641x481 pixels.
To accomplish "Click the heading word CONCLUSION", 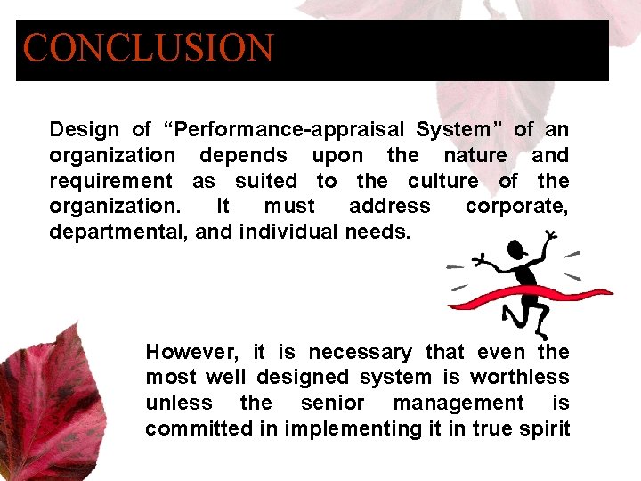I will [x=148, y=49].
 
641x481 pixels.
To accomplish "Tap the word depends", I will [x=243, y=156].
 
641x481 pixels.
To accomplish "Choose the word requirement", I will [x=110, y=182].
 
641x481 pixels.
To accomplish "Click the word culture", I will [x=442, y=181].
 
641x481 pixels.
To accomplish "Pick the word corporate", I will [x=516, y=207].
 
